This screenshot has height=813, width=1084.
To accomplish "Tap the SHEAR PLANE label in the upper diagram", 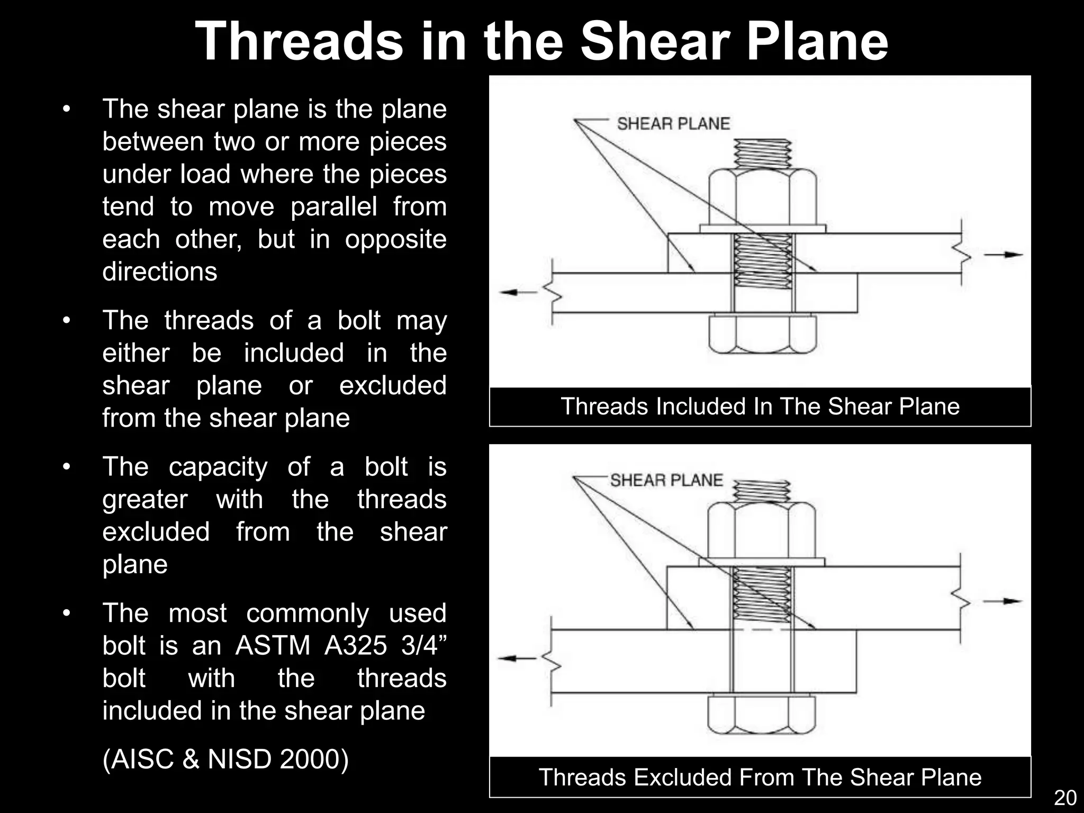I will pos(673,124).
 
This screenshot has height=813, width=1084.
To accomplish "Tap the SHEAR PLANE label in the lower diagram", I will pos(666,480).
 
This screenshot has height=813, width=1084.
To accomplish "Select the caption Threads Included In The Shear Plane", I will pos(760,406).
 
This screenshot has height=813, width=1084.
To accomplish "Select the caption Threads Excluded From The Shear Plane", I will pos(760,777).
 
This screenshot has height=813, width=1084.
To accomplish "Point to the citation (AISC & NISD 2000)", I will pos(225,758).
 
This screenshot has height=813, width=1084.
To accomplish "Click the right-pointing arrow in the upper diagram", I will pos(1004,255).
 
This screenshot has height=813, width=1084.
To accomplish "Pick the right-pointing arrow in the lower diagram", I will pos(1002,601).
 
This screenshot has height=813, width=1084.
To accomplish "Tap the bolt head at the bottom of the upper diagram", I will pos(762,335).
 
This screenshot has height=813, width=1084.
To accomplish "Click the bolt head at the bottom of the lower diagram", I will pos(762,716).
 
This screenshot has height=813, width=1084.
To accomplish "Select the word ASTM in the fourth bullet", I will pos(273,645).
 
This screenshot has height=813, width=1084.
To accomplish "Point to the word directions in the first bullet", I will pos(160,272).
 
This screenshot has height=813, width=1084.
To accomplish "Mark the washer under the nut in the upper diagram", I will pos(762,229).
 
